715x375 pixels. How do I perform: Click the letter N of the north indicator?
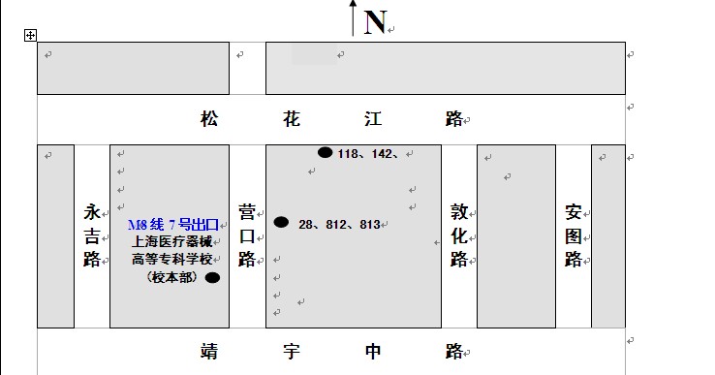coord(375,21)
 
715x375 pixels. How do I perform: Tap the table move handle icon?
coord(30,35)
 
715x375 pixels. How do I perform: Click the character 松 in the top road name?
coord(209,119)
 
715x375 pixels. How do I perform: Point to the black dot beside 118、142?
coord(325,152)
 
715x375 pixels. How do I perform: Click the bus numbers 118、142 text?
coord(368,153)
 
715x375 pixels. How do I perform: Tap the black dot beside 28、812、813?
coord(281,222)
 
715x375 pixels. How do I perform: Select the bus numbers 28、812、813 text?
coord(339,224)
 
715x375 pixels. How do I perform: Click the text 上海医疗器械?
coord(171,242)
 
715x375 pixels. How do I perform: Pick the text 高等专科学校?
coord(171,259)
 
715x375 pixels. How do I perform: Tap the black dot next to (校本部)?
coord(212,277)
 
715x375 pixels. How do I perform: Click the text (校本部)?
coord(171,277)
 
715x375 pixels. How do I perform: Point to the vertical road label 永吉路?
coord(92,235)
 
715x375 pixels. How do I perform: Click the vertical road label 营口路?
coord(247,235)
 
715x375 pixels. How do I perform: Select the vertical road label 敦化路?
coord(458,235)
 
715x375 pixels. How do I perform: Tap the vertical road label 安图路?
coord(574,235)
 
